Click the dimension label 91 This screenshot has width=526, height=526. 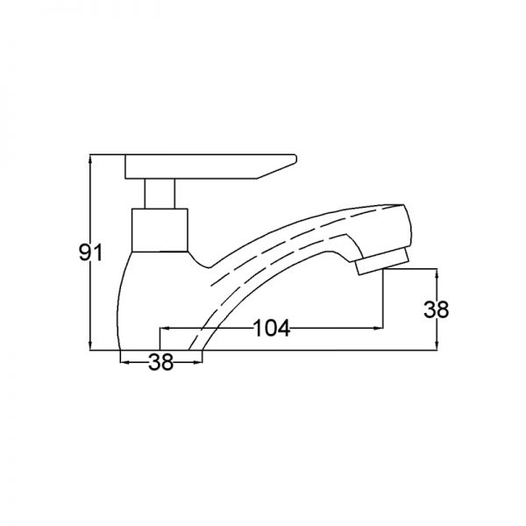[x=90, y=252]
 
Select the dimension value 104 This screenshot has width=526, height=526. [x=271, y=328]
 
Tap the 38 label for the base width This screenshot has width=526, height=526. [x=161, y=362]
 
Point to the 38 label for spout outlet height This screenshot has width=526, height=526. [x=436, y=309]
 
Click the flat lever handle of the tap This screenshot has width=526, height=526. [x=210, y=167]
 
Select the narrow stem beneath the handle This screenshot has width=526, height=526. [x=160, y=194]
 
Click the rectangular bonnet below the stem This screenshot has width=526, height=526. [x=160, y=230]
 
